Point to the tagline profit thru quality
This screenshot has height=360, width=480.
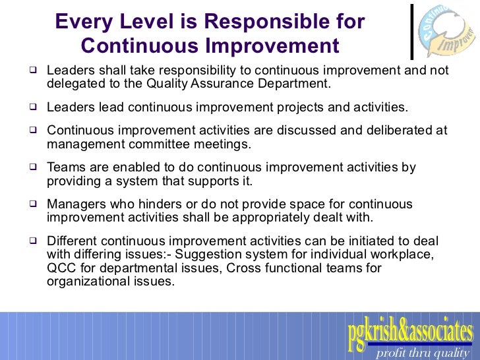(x=421, y=353)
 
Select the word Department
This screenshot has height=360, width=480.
(x=295, y=84)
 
